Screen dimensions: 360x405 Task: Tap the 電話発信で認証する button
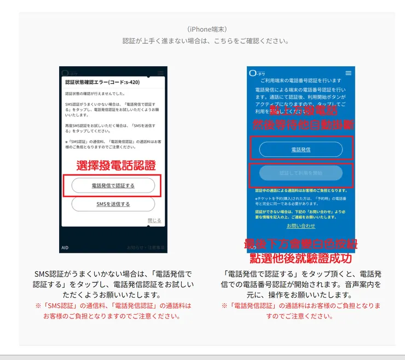point(113,185)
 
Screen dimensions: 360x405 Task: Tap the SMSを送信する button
point(113,204)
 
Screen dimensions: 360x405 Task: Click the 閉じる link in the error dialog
point(154,220)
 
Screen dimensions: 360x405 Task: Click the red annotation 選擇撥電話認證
point(116,165)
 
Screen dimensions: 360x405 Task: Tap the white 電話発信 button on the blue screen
point(300,149)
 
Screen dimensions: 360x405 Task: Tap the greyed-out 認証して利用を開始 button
point(300,173)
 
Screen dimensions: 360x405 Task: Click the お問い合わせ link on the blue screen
point(300,225)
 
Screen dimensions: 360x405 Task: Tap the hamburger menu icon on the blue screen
point(349,73)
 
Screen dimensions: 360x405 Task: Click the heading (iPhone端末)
point(206,29)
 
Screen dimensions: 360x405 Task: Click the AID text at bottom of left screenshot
point(65,247)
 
